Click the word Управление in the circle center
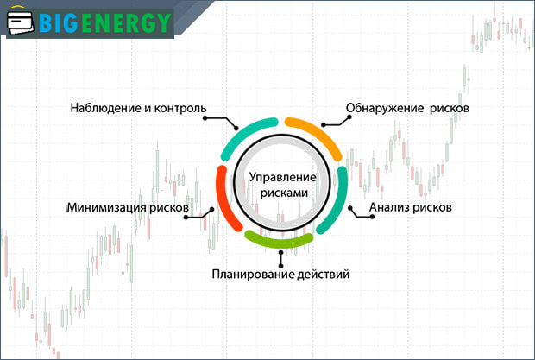[283, 177]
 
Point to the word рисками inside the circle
[283, 194]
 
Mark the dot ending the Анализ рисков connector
[348, 207]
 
